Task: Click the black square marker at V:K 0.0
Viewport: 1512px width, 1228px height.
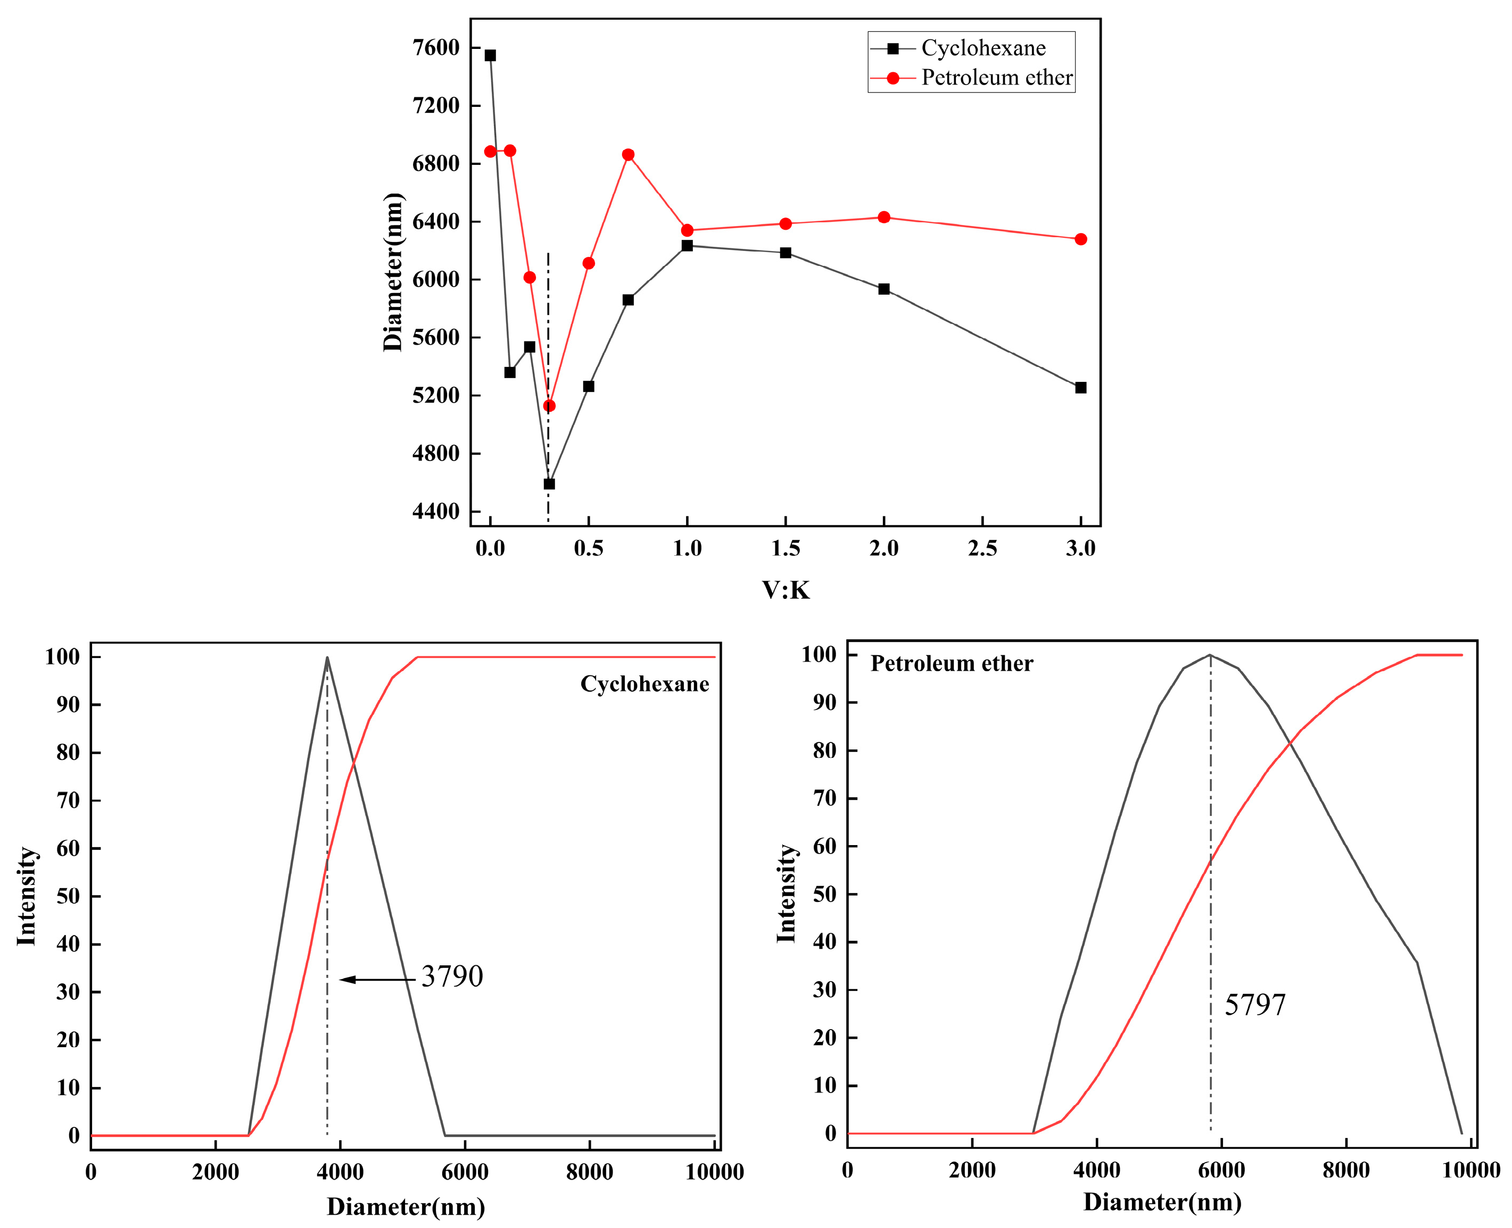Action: [490, 55]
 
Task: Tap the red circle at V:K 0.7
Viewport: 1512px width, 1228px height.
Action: [628, 155]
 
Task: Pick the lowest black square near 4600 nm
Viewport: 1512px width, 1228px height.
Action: [549, 484]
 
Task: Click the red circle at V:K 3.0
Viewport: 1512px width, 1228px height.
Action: [1080, 239]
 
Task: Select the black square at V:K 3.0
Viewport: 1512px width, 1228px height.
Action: [1080, 388]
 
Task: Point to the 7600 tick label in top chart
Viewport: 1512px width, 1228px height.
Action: [436, 47]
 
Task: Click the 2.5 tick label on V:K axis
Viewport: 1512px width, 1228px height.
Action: [982, 548]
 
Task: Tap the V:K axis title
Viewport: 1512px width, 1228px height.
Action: [785, 590]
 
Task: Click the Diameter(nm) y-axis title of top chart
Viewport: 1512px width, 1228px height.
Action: [394, 272]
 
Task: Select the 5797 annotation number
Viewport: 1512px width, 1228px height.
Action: [1254, 1005]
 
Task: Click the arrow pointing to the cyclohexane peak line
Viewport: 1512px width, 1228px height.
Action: [375, 980]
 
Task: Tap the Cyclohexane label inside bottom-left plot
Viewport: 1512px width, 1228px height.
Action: [644, 684]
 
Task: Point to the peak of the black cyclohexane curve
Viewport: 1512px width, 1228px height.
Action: [327, 657]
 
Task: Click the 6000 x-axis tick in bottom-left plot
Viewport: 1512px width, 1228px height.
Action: [465, 1172]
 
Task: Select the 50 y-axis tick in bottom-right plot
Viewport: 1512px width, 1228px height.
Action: [825, 893]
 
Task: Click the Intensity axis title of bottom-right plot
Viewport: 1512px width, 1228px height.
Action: [787, 893]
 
